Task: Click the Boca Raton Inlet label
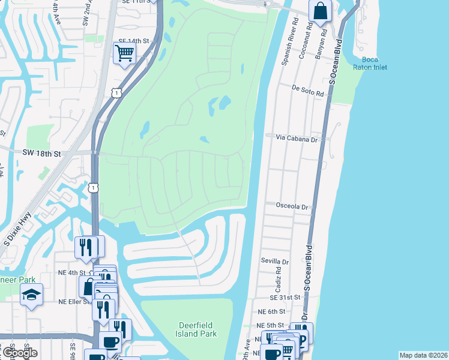[370, 63]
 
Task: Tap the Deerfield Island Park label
[197, 329]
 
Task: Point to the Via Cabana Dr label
[296, 137]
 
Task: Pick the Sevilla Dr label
[274, 262]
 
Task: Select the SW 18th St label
[42, 154]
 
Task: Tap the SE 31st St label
[285, 297]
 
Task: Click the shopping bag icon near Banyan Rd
[321, 10]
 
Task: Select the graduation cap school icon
[31, 294]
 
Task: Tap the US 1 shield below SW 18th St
[93, 188]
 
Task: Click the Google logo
[19, 353]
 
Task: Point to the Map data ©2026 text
[423, 355]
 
